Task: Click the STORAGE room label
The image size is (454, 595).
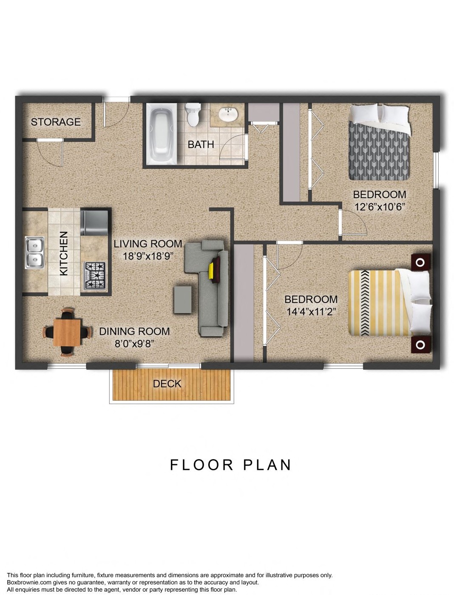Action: tap(56, 122)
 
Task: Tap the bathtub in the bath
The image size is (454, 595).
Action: tap(162, 133)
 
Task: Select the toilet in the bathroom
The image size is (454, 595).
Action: tap(193, 115)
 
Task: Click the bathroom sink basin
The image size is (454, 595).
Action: tap(228, 114)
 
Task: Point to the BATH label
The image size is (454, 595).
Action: tap(201, 145)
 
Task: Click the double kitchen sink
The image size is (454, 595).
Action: tap(34, 253)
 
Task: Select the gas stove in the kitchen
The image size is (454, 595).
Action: tap(95, 275)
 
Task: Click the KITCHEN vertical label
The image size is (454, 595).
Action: tap(64, 253)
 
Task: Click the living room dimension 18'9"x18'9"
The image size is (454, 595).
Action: tap(148, 256)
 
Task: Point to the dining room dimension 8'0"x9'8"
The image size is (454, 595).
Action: tap(134, 344)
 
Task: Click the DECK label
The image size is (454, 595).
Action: tap(167, 384)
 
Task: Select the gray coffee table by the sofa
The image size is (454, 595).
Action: tap(182, 300)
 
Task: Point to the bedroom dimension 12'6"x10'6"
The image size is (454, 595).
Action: tap(380, 207)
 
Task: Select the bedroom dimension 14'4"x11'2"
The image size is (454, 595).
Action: tap(311, 312)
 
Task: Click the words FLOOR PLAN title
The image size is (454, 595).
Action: tap(230, 465)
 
